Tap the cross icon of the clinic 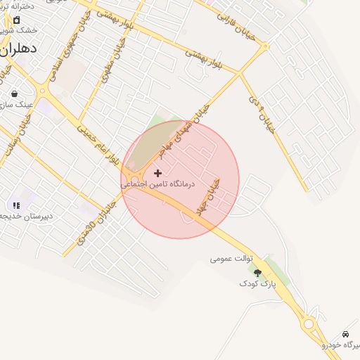(157, 173)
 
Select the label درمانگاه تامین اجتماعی (157, 184)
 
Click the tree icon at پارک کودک (257, 272)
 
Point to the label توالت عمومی (231, 259)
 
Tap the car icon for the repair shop (345, 333)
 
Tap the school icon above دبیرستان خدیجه (16, 205)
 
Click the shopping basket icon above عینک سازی (14, 94)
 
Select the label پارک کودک (254, 283)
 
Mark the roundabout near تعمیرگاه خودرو (309, 323)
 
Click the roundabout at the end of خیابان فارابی (265, 48)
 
